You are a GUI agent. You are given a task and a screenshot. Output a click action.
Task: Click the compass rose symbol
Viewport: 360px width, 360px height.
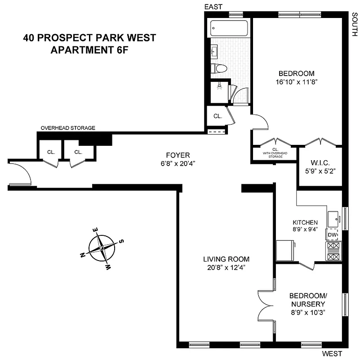click(x=102, y=248)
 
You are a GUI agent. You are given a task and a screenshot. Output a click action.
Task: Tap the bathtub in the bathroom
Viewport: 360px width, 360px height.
click(x=229, y=28)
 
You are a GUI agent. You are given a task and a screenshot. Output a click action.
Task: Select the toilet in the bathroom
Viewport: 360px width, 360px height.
click(x=219, y=68)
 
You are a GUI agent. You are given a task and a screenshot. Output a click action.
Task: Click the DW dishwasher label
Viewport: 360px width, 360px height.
click(x=332, y=235)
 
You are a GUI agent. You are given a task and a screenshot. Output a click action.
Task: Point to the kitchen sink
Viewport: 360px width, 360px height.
click(x=334, y=220)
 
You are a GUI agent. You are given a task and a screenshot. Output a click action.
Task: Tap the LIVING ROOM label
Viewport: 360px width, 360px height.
click(x=226, y=259)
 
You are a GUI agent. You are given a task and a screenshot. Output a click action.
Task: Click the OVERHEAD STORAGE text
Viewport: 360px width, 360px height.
click(x=68, y=128)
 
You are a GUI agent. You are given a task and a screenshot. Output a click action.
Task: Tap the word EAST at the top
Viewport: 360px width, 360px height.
click(x=214, y=6)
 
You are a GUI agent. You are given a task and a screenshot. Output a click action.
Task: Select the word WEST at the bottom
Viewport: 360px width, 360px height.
click(x=332, y=353)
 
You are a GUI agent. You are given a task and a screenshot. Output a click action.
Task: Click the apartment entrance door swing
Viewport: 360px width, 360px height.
click(x=21, y=173)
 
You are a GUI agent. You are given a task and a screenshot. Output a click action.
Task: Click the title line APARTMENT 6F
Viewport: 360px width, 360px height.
click(x=89, y=49)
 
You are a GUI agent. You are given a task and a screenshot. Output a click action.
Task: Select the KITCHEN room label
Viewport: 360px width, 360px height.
click(x=305, y=222)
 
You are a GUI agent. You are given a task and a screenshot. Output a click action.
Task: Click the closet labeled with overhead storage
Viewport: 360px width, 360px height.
click(x=275, y=152)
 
